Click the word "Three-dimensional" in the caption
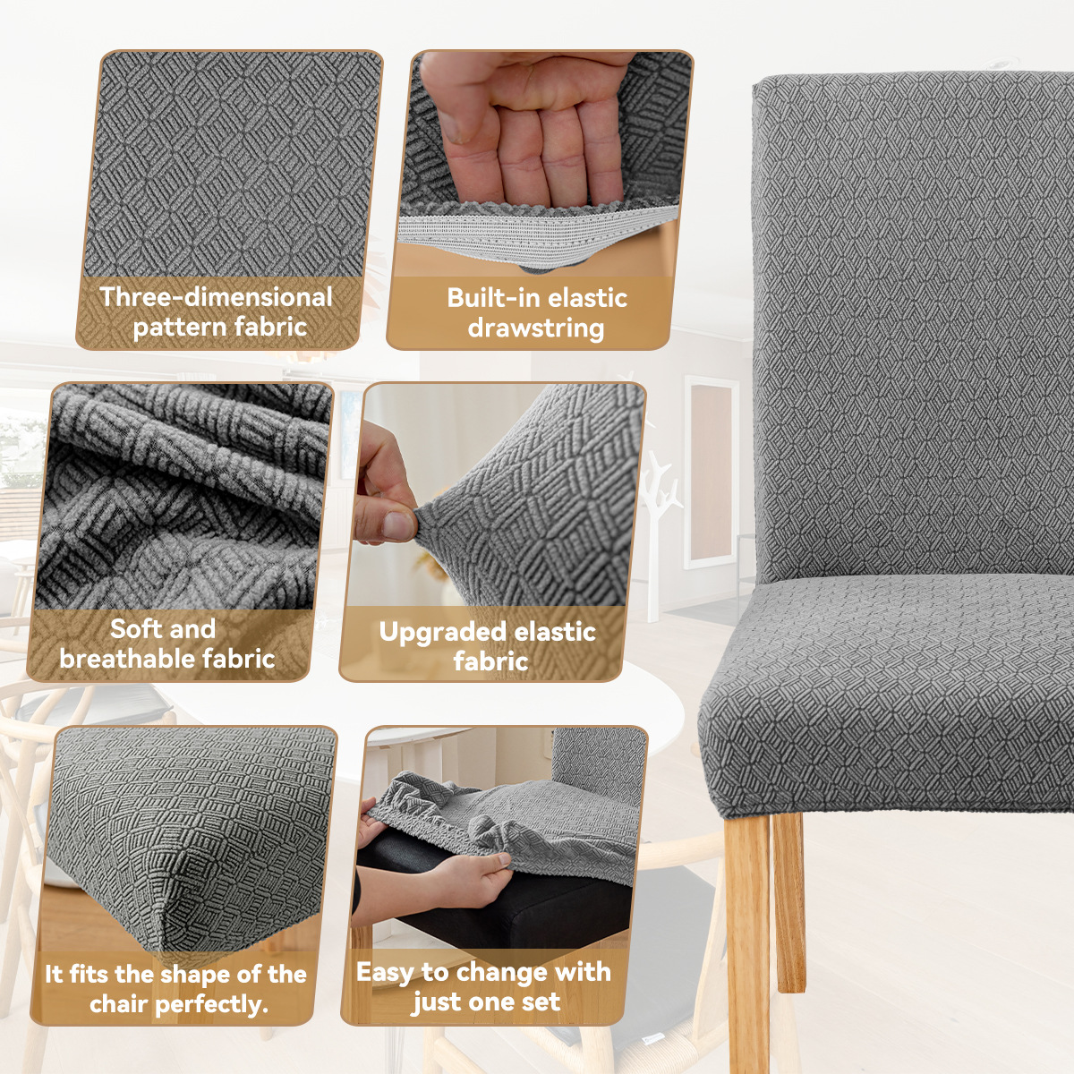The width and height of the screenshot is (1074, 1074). (x=216, y=297)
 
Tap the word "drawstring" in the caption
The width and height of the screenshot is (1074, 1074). (x=535, y=328)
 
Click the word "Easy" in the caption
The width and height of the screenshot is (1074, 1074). (x=385, y=972)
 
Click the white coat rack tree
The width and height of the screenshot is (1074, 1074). (x=661, y=528)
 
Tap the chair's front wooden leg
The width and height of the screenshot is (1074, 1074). (x=747, y=940)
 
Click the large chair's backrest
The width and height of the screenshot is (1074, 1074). (x=913, y=313)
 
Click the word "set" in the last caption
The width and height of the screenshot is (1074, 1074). (x=541, y=1002)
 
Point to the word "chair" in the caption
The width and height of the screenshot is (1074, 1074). (x=118, y=1004)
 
